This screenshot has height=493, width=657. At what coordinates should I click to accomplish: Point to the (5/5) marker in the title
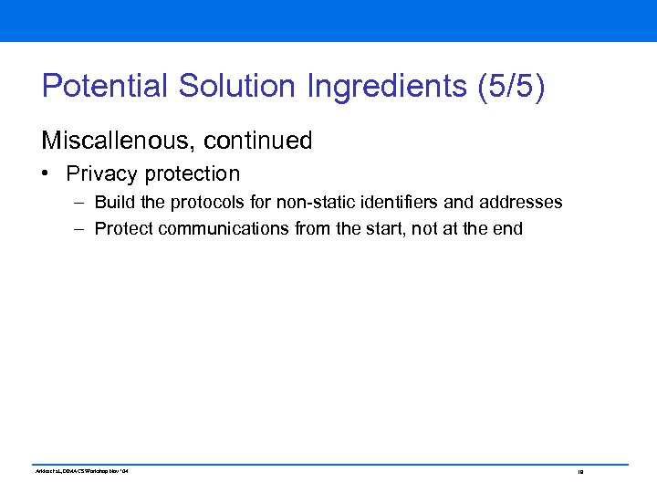click(511, 86)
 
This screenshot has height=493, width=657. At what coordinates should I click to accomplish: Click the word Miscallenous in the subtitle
click(118, 141)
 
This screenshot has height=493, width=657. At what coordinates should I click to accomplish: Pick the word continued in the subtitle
click(258, 141)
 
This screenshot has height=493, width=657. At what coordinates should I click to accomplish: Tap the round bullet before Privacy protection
click(47, 174)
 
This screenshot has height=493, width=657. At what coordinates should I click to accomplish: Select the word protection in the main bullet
click(193, 173)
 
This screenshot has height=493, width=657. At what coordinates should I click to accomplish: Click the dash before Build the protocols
click(81, 202)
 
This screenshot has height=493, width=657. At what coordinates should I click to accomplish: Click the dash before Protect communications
click(81, 228)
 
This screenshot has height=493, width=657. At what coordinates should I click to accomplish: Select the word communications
click(224, 228)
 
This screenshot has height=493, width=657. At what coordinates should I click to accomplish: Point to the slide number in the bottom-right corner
click(579, 472)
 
